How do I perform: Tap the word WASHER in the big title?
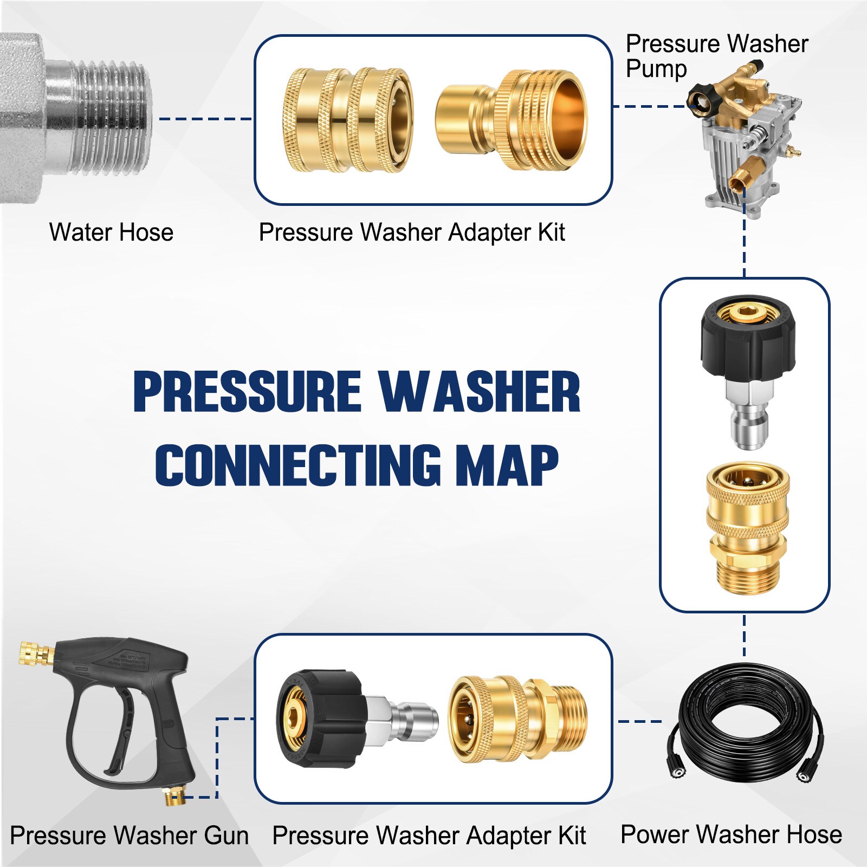(x=479, y=391)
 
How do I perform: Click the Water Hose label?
(x=111, y=232)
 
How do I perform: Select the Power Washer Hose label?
(x=731, y=834)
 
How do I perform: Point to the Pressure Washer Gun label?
(x=129, y=835)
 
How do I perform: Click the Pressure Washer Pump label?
(x=716, y=55)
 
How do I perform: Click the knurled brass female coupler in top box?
(x=347, y=120)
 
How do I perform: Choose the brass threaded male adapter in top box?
(x=512, y=120)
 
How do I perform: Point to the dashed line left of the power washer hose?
(x=639, y=721)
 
